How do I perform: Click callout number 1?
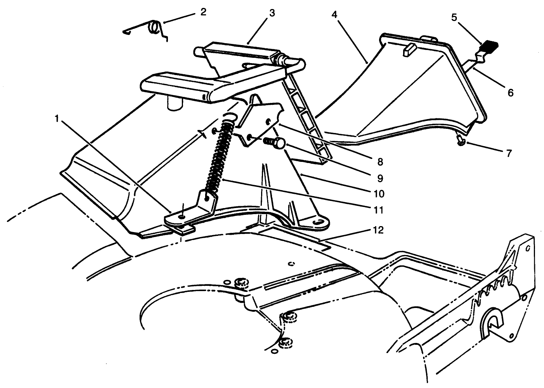[57, 119]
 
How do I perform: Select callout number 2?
[203, 12]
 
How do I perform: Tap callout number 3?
[272, 13]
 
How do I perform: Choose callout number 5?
[454, 18]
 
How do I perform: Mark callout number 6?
[510, 92]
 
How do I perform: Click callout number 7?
[509, 153]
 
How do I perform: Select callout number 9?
[379, 178]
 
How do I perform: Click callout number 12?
[379, 230]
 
